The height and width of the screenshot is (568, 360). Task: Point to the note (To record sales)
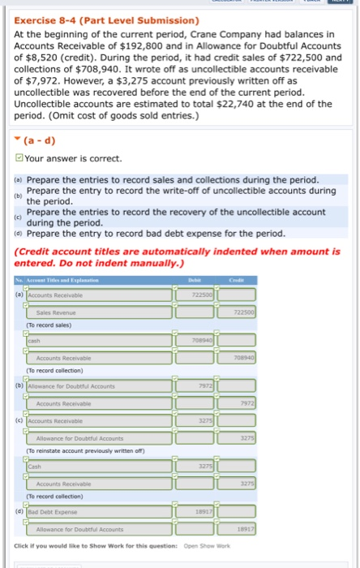(49, 325)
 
